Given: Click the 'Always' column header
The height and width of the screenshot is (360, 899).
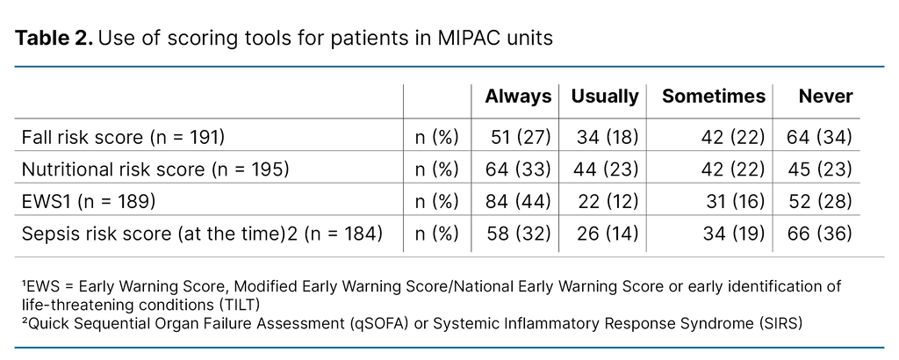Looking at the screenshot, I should pyautogui.click(x=518, y=97).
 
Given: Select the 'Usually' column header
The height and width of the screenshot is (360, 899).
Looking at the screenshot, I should pyautogui.click(x=605, y=97).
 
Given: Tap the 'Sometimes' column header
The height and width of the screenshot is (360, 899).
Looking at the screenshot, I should pyautogui.click(x=714, y=97).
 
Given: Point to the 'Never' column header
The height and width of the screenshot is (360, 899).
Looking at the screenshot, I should pyautogui.click(x=825, y=97).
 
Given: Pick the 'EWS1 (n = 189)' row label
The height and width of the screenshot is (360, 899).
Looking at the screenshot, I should pyautogui.click(x=88, y=202).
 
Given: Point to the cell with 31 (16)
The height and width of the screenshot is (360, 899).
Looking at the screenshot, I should pyautogui.click(x=731, y=202).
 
